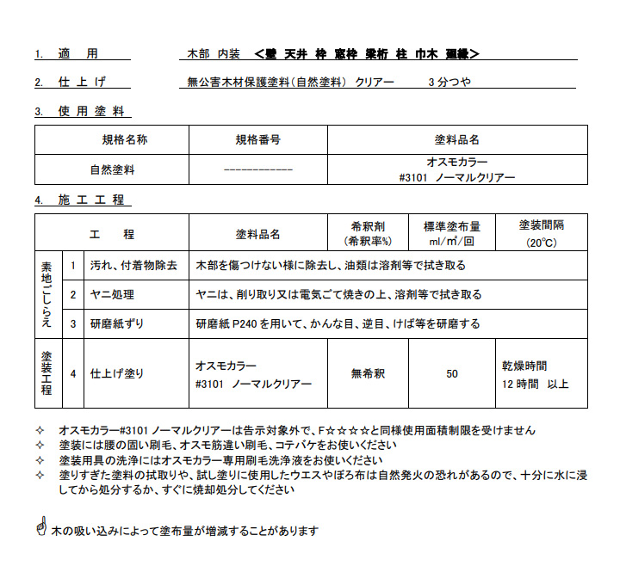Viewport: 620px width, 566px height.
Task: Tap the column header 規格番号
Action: pyautogui.click(x=258, y=140)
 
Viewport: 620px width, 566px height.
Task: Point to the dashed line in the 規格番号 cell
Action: pyautogui.click(x=258, y=169)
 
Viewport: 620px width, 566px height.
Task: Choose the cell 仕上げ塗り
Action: pyautogui.click(x=119, y=373)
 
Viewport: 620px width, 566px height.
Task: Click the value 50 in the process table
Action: pyautogui.click(x=452, y=373)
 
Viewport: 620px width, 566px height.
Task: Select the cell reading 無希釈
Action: pyautogui.click(x=369, y=373)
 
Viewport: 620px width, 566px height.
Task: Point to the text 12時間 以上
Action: pyautogui.click(x=535, y=383)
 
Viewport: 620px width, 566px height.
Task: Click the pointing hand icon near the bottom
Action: pyautogui.click(x=40, y=526)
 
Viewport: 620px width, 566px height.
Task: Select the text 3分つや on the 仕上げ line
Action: pyautogui.click(x=449, y=83)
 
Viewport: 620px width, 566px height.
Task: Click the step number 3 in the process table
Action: pyautogui.click(x=74, y=323)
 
